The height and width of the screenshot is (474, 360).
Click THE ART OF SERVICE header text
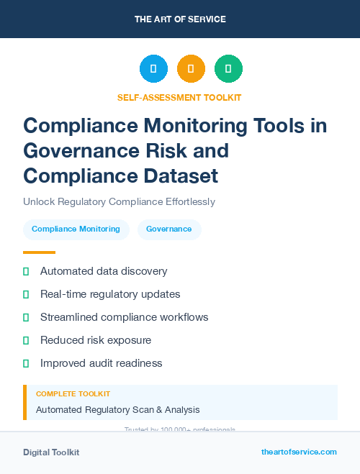point(180,19)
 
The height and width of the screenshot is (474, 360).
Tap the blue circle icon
point(153,69)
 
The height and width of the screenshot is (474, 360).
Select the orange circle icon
point(191,69)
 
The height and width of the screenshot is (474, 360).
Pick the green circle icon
point(228,69)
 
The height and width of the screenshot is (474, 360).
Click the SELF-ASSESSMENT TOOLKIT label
point(179,97)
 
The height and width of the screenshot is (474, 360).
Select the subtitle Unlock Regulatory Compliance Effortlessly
point(119,201)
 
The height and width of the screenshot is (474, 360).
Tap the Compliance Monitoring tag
point(76,229)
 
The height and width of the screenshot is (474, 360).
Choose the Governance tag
point(169,229)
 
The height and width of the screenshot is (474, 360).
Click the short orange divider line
point(39,252)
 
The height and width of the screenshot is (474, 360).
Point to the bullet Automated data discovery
point(104,271)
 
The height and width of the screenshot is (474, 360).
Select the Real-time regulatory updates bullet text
point(110,294)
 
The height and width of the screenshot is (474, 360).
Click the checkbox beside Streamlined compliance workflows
point(26,317)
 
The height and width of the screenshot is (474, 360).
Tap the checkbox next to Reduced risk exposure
point(26,340)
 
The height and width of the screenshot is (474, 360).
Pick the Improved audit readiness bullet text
point(101,363)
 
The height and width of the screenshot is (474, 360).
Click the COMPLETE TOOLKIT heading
point(73,394)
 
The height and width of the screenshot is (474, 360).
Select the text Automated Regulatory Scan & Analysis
point(117,410)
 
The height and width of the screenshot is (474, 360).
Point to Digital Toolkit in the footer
point(51,452)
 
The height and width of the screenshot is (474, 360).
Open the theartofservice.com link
point(299,452)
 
